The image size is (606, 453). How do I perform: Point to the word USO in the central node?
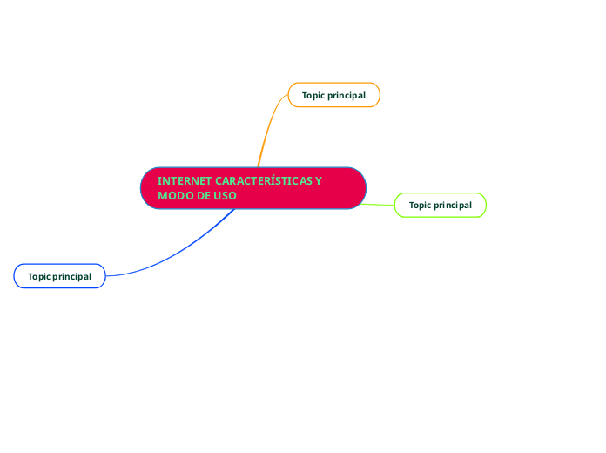click(225, 196)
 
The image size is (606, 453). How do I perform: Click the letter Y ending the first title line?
click(319, 181)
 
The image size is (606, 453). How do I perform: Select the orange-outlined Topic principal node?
click(333, 95)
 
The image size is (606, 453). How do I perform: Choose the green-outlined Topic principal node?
click(441, 205)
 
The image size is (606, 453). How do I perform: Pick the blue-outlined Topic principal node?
click(59, 276)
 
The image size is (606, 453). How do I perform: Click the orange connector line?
click(266, 131)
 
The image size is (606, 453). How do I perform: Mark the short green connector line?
click(380, 205)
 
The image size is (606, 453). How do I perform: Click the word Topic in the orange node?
click(313, 95)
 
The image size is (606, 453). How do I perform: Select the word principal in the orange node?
click(347, 95)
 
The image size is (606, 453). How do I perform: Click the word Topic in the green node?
click(420, 206)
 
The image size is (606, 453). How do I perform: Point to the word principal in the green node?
click(454, 206)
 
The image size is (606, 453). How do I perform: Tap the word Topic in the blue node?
click(38, 277)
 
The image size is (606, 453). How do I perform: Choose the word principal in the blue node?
click(72, 277)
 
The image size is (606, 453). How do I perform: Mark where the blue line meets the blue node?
click(105, 276)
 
